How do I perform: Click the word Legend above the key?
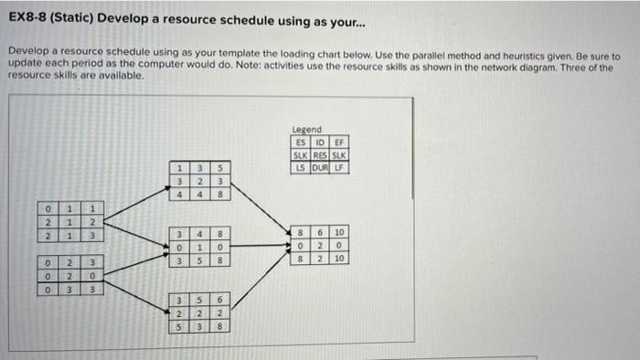point(306,132)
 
